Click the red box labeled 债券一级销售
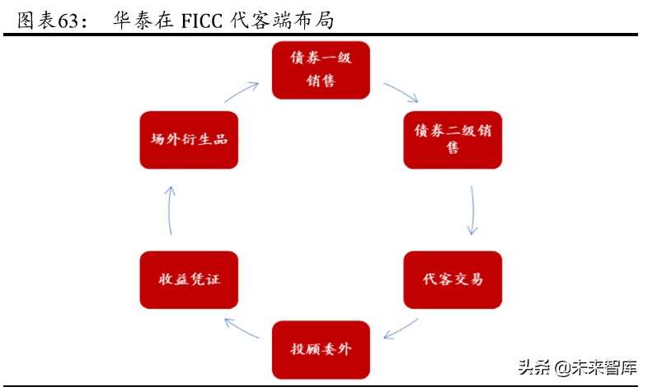pyautogui.click(x=321, y=70)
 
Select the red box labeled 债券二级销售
pyautogui.click(x=453, y=140)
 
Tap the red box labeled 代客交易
pyautogui.click(x=453, y=279)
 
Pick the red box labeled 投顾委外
pyautogui.click(x=321, y=349)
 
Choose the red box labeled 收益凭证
pyautogui.click(x=189, y=279)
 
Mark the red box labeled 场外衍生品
pyautogui.click(x=189, y=140)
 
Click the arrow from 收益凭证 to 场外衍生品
pyautogui.click(x=171, y=209)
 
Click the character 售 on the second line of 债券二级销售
pyautogui.click(x=453, y=149)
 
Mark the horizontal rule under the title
pyautogui.click(x=321, y=34)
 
